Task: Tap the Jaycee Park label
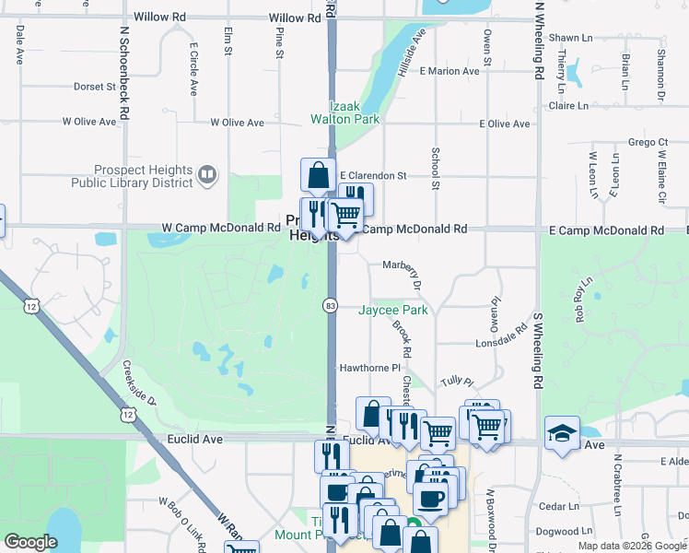point(393,311)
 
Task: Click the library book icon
point(209,175)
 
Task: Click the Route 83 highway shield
point(330,305)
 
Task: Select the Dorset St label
point(94,87)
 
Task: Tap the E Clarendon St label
point(373,175)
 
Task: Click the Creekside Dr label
point(140,382)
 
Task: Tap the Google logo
point(31,542)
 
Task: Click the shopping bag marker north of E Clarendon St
point(318,174)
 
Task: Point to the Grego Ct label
point(648,143)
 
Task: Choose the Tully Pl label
point(456,382)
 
